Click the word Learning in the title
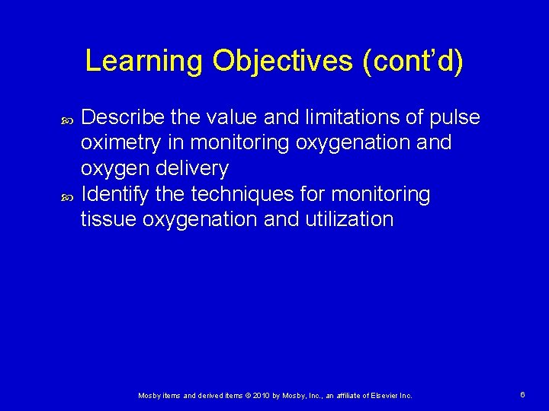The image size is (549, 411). click(144, 62)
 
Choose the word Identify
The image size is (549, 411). click(114, 194)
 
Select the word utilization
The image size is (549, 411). click(352, 220)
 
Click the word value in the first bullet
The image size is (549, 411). click(230, 117)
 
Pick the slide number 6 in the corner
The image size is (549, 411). click(522, 395)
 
